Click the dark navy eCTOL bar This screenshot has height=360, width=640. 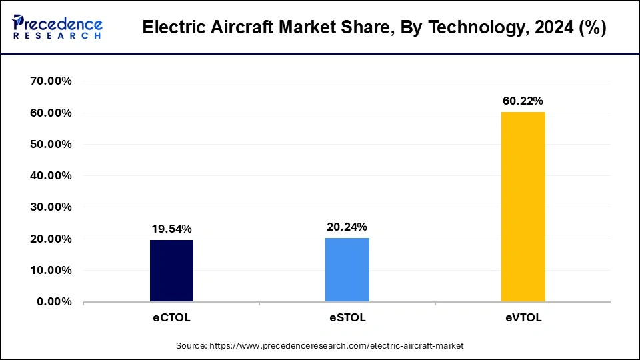[171, 271]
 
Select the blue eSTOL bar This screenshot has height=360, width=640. [347, 269]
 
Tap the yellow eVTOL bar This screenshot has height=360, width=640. [523, 207]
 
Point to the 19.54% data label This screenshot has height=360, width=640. [171, 229]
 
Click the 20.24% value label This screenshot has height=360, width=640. [347, 227]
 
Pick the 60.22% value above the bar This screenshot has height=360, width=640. [523, 101]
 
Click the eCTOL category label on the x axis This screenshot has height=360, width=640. [171, 318]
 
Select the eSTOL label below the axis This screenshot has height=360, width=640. [347, 318]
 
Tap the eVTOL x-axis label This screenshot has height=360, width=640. [523, 318]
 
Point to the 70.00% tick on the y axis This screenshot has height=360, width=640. [51, 81]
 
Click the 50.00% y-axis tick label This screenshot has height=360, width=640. [51, 145]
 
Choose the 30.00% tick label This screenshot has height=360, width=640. [51, 207]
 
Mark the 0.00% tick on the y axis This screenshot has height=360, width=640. [54, 302]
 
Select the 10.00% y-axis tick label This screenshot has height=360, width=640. [51, 271]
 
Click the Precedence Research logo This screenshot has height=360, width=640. [57, 27]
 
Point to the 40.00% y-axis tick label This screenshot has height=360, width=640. [51, 176]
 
